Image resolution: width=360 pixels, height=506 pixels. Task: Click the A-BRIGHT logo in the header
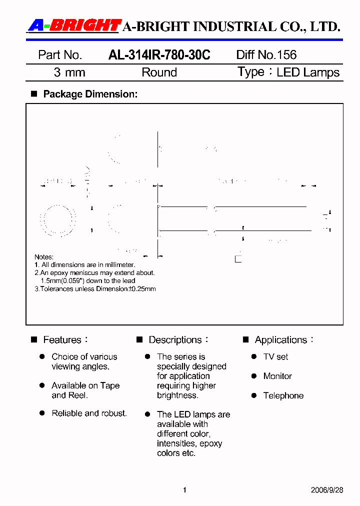(74, 26)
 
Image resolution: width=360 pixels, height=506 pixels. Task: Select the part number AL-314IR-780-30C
(159, 55)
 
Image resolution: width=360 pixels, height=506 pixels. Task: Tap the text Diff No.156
(266, 55)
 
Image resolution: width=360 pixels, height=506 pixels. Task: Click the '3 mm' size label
(69, 72)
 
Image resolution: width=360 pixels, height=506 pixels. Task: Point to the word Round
(159, 72)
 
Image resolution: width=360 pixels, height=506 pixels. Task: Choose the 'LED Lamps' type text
(308, 72)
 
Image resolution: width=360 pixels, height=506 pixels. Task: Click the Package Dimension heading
(90, 94)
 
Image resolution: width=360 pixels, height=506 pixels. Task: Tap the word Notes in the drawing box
(44, 257)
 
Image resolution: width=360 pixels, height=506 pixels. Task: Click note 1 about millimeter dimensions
(84, 265)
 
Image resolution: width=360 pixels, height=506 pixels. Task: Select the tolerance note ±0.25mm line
(95, 289)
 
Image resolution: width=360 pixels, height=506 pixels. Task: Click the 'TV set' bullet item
(275, 357)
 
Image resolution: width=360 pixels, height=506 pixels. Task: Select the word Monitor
(277, 376)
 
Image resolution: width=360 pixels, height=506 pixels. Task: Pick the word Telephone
(283, 396)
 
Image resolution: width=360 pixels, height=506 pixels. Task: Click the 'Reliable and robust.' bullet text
(89, 413)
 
